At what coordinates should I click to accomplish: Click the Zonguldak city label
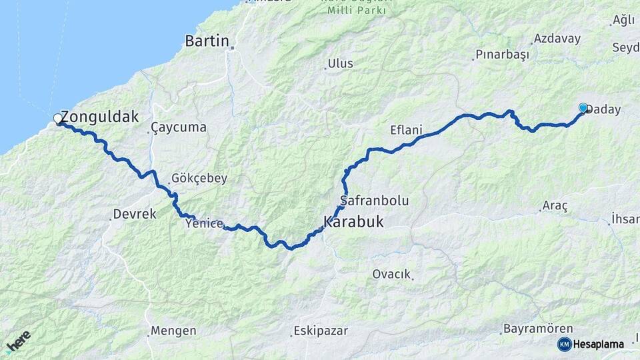(100, 117)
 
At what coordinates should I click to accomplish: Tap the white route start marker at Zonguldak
(58, 119)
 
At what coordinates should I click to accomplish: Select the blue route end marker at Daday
(583, 107)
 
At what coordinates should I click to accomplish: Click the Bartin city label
(207, 41)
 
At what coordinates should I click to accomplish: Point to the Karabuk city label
(354, 222)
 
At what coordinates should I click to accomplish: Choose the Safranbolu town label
(374, 200)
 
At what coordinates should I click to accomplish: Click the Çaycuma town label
(178, 127)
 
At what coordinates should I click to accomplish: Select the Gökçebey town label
(199, 178)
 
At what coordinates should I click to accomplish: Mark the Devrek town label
(135, 215)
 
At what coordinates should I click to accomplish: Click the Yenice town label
(205, 224)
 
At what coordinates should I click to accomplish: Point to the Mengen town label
(173, 331)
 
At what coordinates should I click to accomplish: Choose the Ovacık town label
(392, 274)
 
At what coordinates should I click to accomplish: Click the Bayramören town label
(529, 329)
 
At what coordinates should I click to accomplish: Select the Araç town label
(555, 207)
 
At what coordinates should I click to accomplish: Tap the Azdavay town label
(557, 38)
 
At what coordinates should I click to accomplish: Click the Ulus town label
(340, 64)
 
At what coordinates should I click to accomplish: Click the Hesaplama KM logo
(591, 344)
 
